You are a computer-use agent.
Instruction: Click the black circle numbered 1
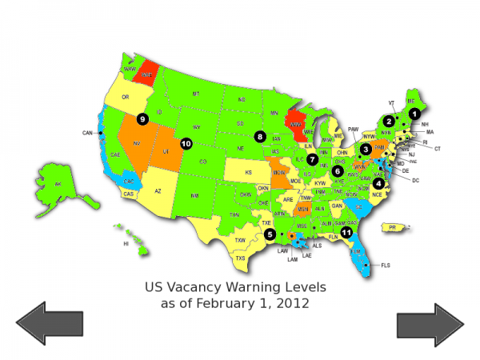click(x=414, y=113)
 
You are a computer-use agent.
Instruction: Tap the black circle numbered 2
click(x=388, y=121)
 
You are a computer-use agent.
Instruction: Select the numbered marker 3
click(x=366, y=148)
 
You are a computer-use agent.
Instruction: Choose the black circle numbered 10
click(x=186, y=143)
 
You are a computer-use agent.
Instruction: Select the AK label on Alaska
click(x=58, y=184)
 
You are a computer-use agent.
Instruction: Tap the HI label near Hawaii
click(x=126, y=243)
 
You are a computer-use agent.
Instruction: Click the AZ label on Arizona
click(x=158, y=191)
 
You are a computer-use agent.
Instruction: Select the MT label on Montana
click(x=195, y=94)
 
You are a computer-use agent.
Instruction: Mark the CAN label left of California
click(x=87, y=133)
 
